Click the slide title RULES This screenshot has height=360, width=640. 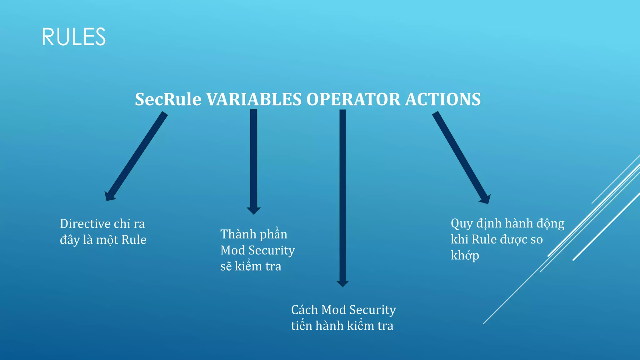pos(74,37)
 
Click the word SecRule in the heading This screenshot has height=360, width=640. pos(168,99)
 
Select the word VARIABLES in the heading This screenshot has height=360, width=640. pos(254,99)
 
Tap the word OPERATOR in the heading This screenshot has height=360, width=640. pos(353,99)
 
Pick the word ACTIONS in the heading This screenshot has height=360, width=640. pos(443,99)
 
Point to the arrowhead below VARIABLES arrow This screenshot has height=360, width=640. pos(253,211)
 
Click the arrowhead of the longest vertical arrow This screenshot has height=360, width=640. pos(342,283)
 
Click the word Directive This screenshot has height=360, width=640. pos(85,224)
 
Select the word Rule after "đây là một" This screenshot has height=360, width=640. pos(134,240)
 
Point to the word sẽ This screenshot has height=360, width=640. pos(226,266)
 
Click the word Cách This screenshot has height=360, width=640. pos(304,310)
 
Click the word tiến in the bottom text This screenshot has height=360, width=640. pos(302,326)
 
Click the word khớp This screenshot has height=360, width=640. pos(465,256)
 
